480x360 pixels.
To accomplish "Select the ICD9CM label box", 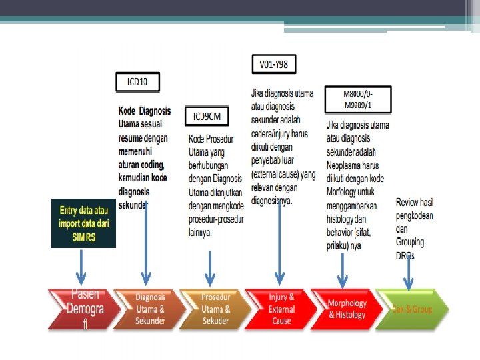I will click(x=207, y=117).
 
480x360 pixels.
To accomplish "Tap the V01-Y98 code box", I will click(x=273, y=64).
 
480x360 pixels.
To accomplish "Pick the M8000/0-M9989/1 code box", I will click(x=358, y=99).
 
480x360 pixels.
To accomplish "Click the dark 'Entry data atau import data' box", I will click(x=83, y=223).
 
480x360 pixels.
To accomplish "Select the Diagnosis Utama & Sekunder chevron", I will click(x=148, y=309).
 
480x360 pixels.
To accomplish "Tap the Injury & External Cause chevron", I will click(x=279, y=309).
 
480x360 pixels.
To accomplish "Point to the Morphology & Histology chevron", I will click(x=345, y=309).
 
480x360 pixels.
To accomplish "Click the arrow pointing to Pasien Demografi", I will click(x=81, y=267).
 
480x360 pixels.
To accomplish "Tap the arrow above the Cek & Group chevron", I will click(x=408, y=273).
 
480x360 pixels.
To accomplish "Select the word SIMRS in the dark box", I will click(x=83, y=236).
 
